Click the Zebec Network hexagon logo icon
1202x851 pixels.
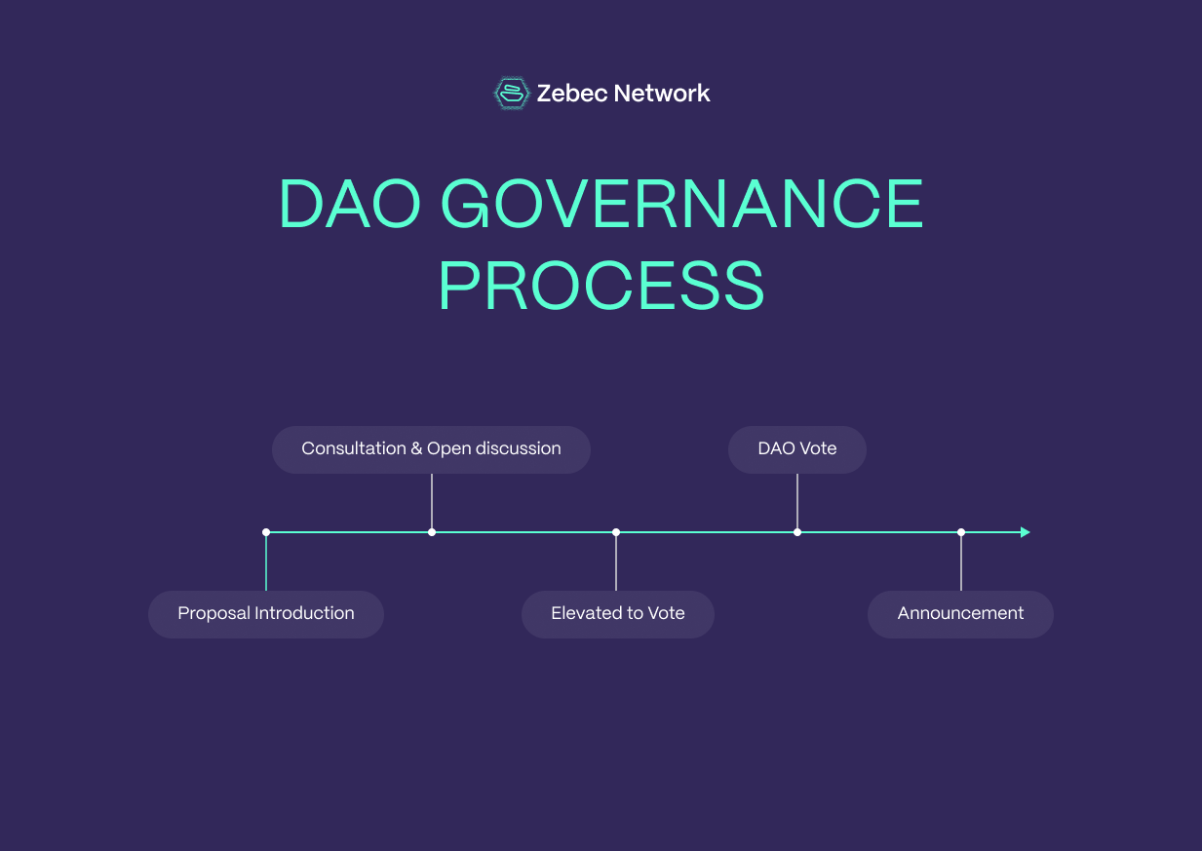tap(511, 94)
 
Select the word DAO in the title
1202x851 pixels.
tap(349, 205)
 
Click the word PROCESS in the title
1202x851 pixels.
tap(601, 286)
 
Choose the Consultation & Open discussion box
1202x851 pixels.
tap(431, 449)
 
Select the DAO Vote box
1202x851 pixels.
tap(797, 449)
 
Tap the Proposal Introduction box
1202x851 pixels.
tap(266, 614)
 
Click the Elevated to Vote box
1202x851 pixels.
tap(618, 614)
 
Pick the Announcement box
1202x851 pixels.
tap(960, 614)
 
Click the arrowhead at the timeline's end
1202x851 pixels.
tap(1025, 532)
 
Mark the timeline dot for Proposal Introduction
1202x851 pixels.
tap(266, 532)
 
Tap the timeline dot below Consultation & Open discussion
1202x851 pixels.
tap(432, 532)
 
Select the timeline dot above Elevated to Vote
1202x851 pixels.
tap(616, 532)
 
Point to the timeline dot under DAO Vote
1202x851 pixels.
tap(797, 532)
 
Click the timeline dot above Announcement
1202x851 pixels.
tap(961, 532)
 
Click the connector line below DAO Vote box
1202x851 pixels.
tap(797, 501)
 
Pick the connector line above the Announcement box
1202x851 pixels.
tap(961, 563)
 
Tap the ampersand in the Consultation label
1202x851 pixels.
tap(416, 449)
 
